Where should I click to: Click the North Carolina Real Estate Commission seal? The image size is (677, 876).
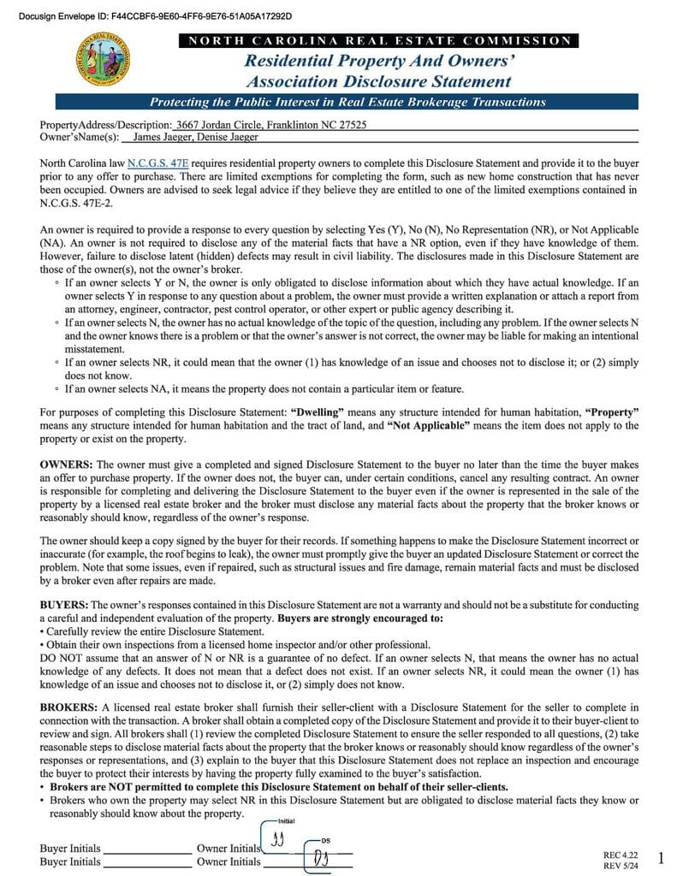coord(104,59)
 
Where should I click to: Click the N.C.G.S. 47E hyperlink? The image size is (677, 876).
coord(157,163)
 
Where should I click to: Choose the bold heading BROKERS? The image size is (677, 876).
coord(68,707)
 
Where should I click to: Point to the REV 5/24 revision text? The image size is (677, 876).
coord(621,865)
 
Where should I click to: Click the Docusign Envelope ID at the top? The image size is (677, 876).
coord(146,16)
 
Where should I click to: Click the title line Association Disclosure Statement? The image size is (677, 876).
coord(378,82)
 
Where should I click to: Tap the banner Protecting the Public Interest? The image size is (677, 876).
coord(347,103)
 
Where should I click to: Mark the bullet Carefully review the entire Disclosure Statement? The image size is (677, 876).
coord(151,631)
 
